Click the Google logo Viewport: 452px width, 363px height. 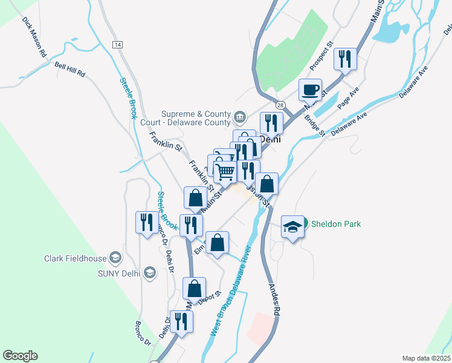click(x=20, y=356)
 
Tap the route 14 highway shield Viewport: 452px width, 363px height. click(x=117, y=45)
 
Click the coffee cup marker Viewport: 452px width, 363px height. click(x=311, y=90)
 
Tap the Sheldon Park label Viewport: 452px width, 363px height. click(x=335, y=224)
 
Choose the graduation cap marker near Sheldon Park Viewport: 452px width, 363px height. click(x=293, y=227)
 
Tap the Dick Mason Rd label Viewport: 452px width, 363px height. click(x=34, y=37)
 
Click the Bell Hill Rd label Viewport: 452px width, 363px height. click(x=69, y=69)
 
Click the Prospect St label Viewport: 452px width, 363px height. click(x=321, y=54)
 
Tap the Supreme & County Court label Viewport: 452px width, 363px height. click(x=197, y=118)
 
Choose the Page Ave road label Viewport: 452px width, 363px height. click(x=348, y=96)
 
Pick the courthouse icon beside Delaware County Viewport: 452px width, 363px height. click(x=240, y=116)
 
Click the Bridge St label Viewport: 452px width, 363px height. click(x=315, y=126)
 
